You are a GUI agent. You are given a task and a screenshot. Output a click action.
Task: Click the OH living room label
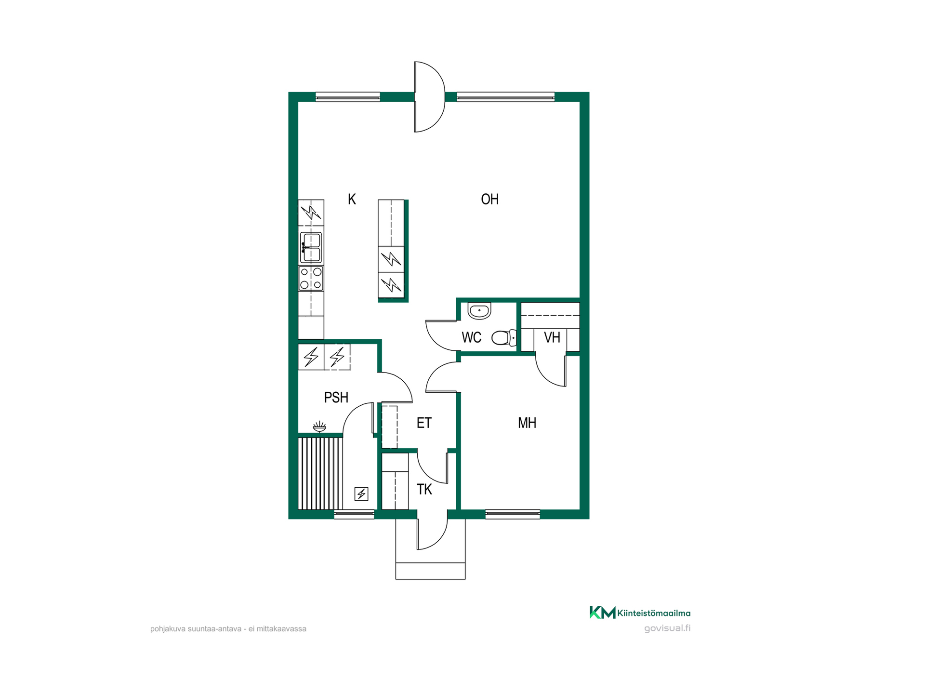489,199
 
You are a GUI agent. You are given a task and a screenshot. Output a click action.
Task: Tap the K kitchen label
352,199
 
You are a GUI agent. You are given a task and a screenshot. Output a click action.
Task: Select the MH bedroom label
527,423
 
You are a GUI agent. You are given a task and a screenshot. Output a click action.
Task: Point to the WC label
471,337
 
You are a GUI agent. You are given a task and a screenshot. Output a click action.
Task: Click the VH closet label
552,337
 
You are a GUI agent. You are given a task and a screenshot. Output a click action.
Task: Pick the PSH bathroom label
336,398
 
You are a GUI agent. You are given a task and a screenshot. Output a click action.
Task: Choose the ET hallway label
424,423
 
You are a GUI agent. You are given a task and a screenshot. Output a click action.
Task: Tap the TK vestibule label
424,490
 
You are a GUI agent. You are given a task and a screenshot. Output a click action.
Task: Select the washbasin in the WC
479,311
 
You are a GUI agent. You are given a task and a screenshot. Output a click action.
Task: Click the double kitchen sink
311,247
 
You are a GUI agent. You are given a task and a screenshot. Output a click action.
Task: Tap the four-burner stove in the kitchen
311,279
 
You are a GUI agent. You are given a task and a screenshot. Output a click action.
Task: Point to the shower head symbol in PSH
319,427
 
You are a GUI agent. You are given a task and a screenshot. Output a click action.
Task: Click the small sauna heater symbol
361,494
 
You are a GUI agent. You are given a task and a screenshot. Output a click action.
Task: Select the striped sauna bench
320,473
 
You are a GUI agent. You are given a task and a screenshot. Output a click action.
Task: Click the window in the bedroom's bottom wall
513,514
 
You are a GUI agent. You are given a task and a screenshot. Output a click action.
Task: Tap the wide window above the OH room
505,97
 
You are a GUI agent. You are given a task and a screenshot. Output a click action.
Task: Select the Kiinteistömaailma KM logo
640,613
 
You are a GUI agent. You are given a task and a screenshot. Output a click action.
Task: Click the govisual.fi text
667,628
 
